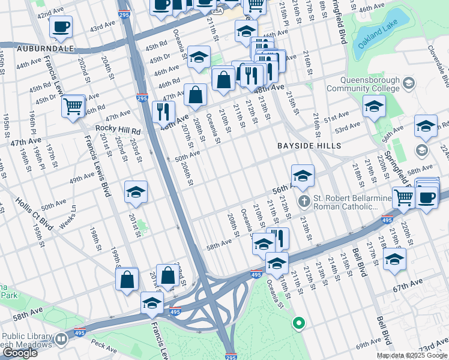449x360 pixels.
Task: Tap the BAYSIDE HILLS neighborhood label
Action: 309,146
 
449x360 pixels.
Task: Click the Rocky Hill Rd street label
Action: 118,130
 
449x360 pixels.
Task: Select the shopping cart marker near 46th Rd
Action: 73,106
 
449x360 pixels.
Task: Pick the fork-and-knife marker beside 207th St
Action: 163,111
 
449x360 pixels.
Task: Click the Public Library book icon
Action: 61,340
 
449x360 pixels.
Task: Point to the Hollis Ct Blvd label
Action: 34,213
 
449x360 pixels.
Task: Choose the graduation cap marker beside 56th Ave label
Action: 303,176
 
